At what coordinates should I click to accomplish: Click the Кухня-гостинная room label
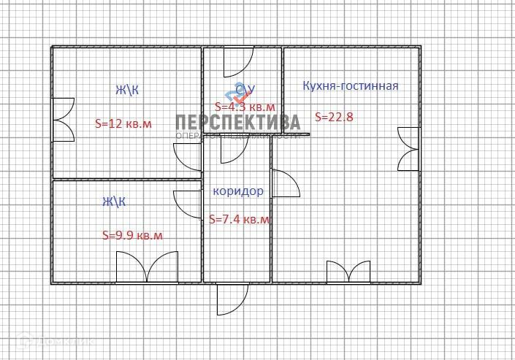[351, 86]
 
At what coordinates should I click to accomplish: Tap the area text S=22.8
[332, 115]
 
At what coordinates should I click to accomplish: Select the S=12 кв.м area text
[123, 123]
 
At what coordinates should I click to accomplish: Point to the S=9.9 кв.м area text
[132, 235]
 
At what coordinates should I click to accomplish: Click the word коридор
[237, 191]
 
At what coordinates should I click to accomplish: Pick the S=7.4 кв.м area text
[239, 218]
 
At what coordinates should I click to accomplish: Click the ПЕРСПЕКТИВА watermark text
[237, 122]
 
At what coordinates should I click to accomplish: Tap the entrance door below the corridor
[232, 298]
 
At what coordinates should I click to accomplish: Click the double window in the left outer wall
[63, 119]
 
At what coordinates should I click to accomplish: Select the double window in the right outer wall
[408, 149]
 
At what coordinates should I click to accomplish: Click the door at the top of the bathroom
[238, 62]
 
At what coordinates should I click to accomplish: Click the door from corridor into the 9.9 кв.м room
[188, 204]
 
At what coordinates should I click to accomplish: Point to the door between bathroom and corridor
[235, 149]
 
